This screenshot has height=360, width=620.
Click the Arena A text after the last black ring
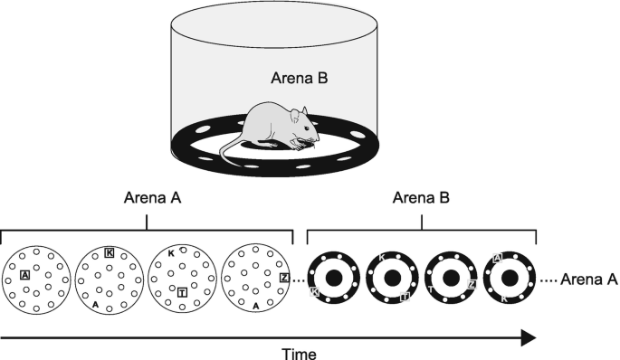(589, 279)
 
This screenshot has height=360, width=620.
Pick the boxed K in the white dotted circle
(110, 252)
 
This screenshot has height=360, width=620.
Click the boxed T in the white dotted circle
(182, 291)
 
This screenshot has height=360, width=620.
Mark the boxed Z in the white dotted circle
(284, 277)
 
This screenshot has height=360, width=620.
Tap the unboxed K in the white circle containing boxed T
(171, 255)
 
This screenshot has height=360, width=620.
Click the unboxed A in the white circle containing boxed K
(95, 305)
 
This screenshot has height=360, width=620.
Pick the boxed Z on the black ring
(472, 284)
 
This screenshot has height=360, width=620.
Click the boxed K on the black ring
(315, 291)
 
